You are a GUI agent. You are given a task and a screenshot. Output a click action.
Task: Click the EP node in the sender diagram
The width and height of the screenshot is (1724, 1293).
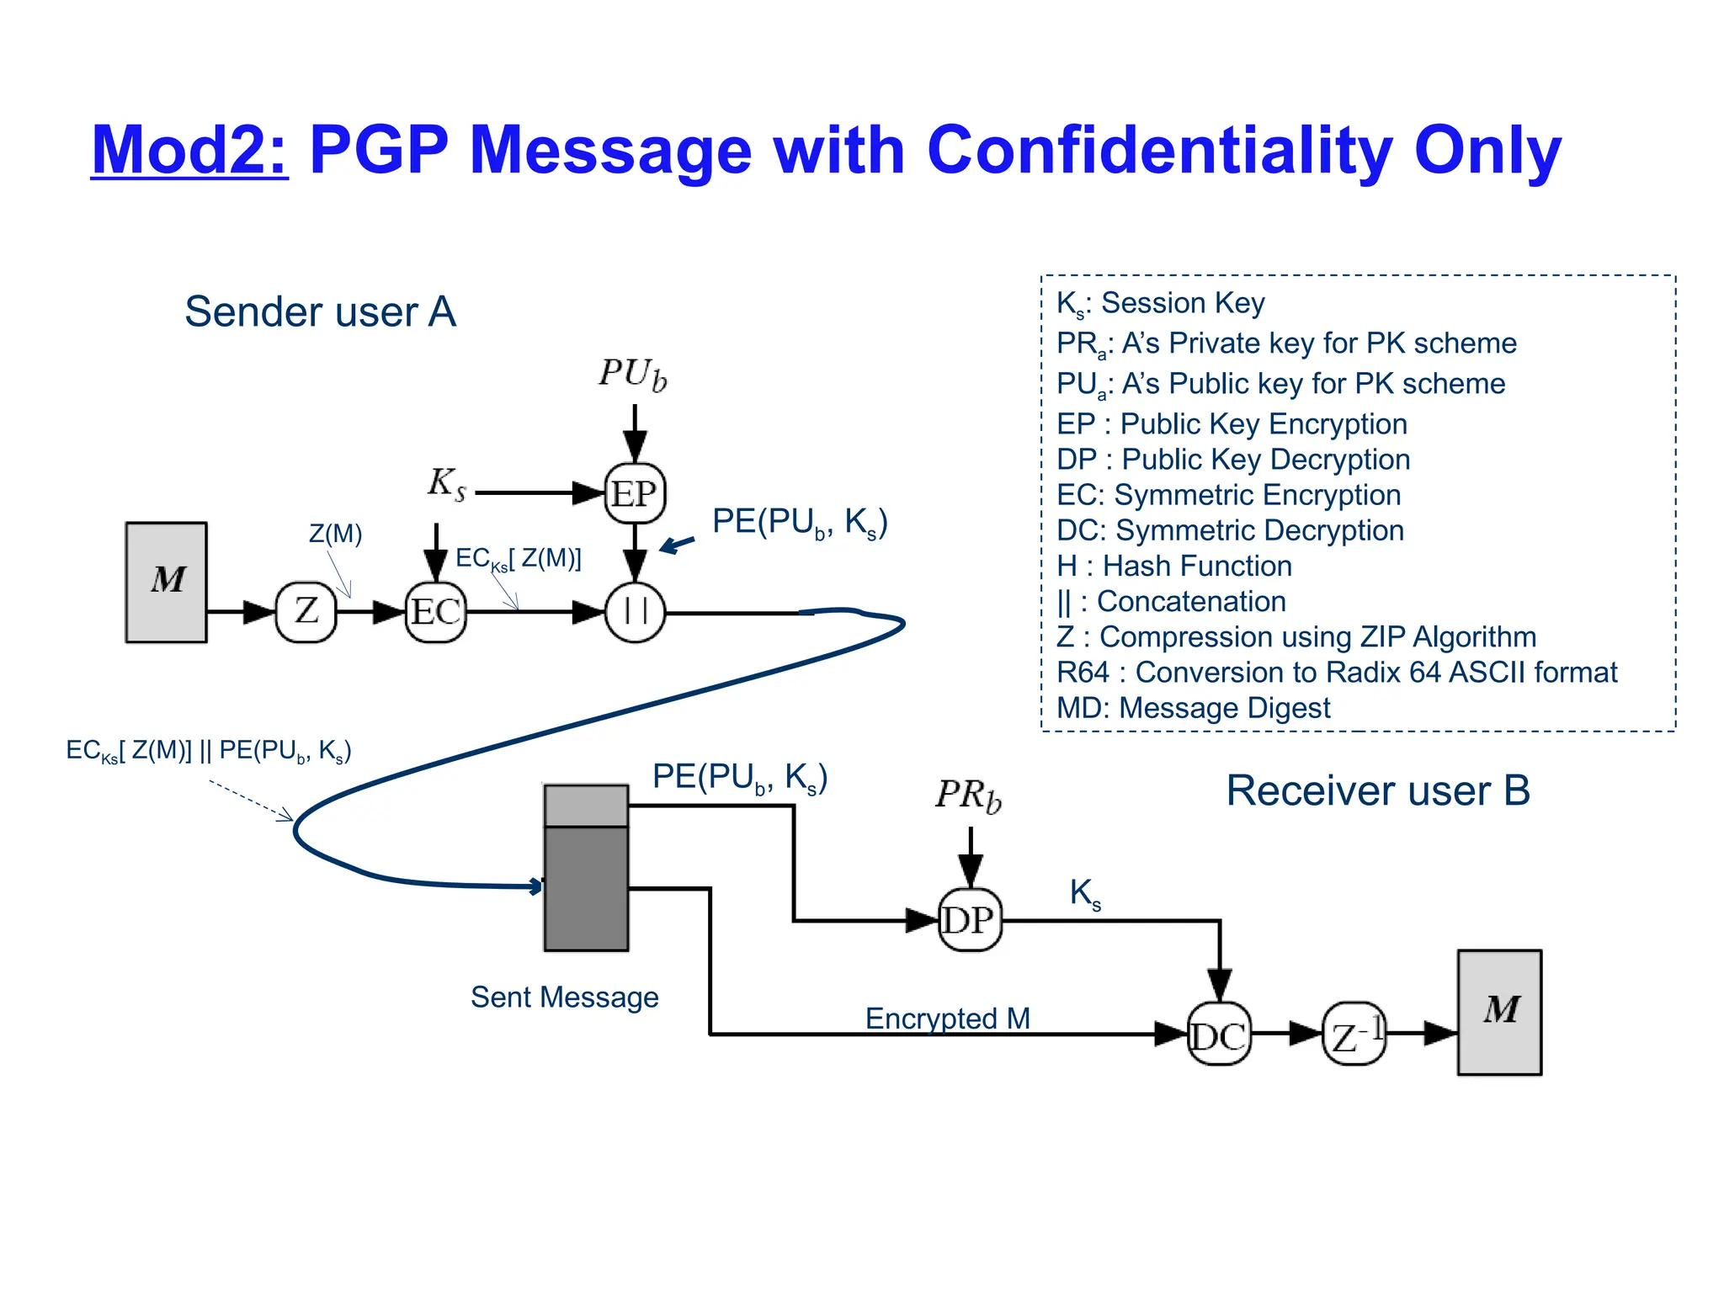coord(635,493)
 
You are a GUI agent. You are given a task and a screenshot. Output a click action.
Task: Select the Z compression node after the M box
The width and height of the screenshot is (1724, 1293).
coord(306,611)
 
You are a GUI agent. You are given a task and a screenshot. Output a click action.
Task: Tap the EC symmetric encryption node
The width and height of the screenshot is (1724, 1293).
coord(435,612)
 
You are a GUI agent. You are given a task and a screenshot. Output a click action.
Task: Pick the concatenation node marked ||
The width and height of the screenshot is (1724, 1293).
coord(635,612)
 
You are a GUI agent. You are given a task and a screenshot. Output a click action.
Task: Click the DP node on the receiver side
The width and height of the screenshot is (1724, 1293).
coord(970,920)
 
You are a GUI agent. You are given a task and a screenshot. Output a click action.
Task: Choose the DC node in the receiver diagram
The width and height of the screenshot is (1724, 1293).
coord(1218,1035)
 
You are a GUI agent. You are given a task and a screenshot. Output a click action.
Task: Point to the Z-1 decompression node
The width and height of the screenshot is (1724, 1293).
coord(1354,1035)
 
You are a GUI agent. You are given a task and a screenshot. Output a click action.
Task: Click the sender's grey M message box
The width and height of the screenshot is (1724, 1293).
coord(167,582)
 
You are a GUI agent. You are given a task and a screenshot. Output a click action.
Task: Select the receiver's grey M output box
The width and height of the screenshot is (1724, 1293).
coord(1499,1012)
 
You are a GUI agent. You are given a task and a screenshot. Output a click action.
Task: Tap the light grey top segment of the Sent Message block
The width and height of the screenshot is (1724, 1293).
coord(586,806)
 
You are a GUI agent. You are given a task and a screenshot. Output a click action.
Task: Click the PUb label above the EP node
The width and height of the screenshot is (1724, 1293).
coord(633,375)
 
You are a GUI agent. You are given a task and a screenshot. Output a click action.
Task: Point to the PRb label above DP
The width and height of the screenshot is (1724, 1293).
coord(969,795)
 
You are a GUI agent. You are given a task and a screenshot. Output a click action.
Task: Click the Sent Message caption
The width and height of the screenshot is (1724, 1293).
coord(564,998)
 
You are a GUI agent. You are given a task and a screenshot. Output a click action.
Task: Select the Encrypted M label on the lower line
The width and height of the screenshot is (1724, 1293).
coord(947,1019)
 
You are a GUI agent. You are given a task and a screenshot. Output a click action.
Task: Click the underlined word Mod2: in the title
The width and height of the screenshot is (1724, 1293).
coord(189,151)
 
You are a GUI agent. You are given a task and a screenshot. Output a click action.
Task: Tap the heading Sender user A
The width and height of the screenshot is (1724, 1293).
coord(320,312)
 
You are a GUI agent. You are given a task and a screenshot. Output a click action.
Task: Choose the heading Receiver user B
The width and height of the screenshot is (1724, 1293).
coord(1377,791)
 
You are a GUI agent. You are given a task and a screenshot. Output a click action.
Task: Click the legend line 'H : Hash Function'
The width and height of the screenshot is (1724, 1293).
coord(1173,567)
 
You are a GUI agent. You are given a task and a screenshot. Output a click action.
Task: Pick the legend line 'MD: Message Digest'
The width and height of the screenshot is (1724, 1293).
coord(1193,709)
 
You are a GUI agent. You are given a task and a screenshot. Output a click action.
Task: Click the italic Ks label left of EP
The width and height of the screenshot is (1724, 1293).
coord(446,484)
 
